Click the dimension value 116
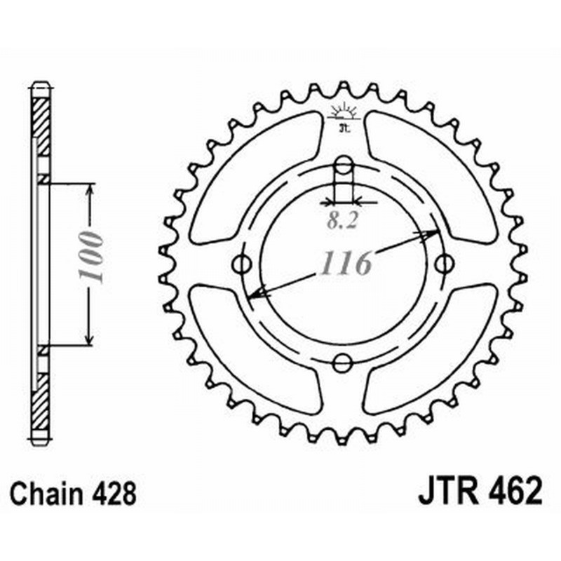pos(346,264)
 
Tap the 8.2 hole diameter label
pos(342,222)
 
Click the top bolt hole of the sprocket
pos(343,165)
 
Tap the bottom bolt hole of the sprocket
pos(342,363)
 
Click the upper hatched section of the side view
pos(42,126)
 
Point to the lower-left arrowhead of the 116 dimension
pos(257,294)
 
